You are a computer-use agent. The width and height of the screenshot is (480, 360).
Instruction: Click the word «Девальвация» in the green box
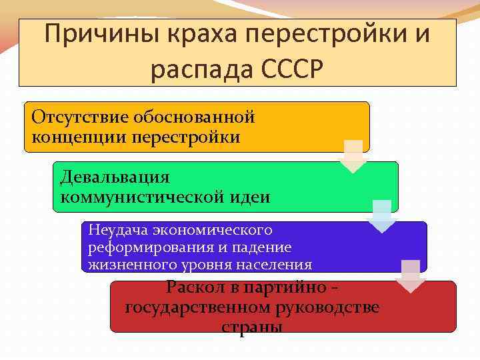115,177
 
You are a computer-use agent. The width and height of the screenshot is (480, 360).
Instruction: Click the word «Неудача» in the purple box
118,230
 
